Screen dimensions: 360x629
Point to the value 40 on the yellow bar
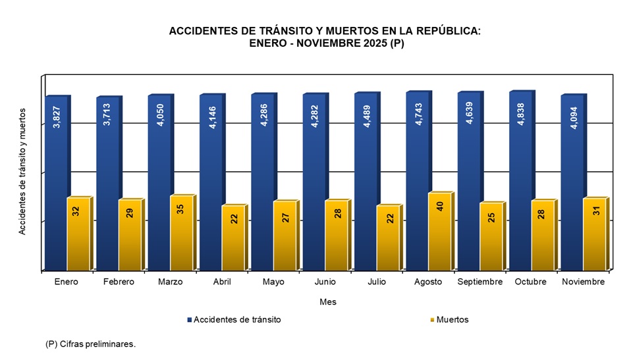[x=440, y=206]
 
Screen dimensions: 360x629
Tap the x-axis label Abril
[x=221, y=282]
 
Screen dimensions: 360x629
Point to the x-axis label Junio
[x=324, y=282]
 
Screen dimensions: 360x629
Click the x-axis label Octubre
[x=531, y=282]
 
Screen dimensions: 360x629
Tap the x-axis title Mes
[x=327, y=302]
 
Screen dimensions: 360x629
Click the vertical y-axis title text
[x=23, y=171]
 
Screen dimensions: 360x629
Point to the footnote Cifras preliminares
[x=90, y=344]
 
